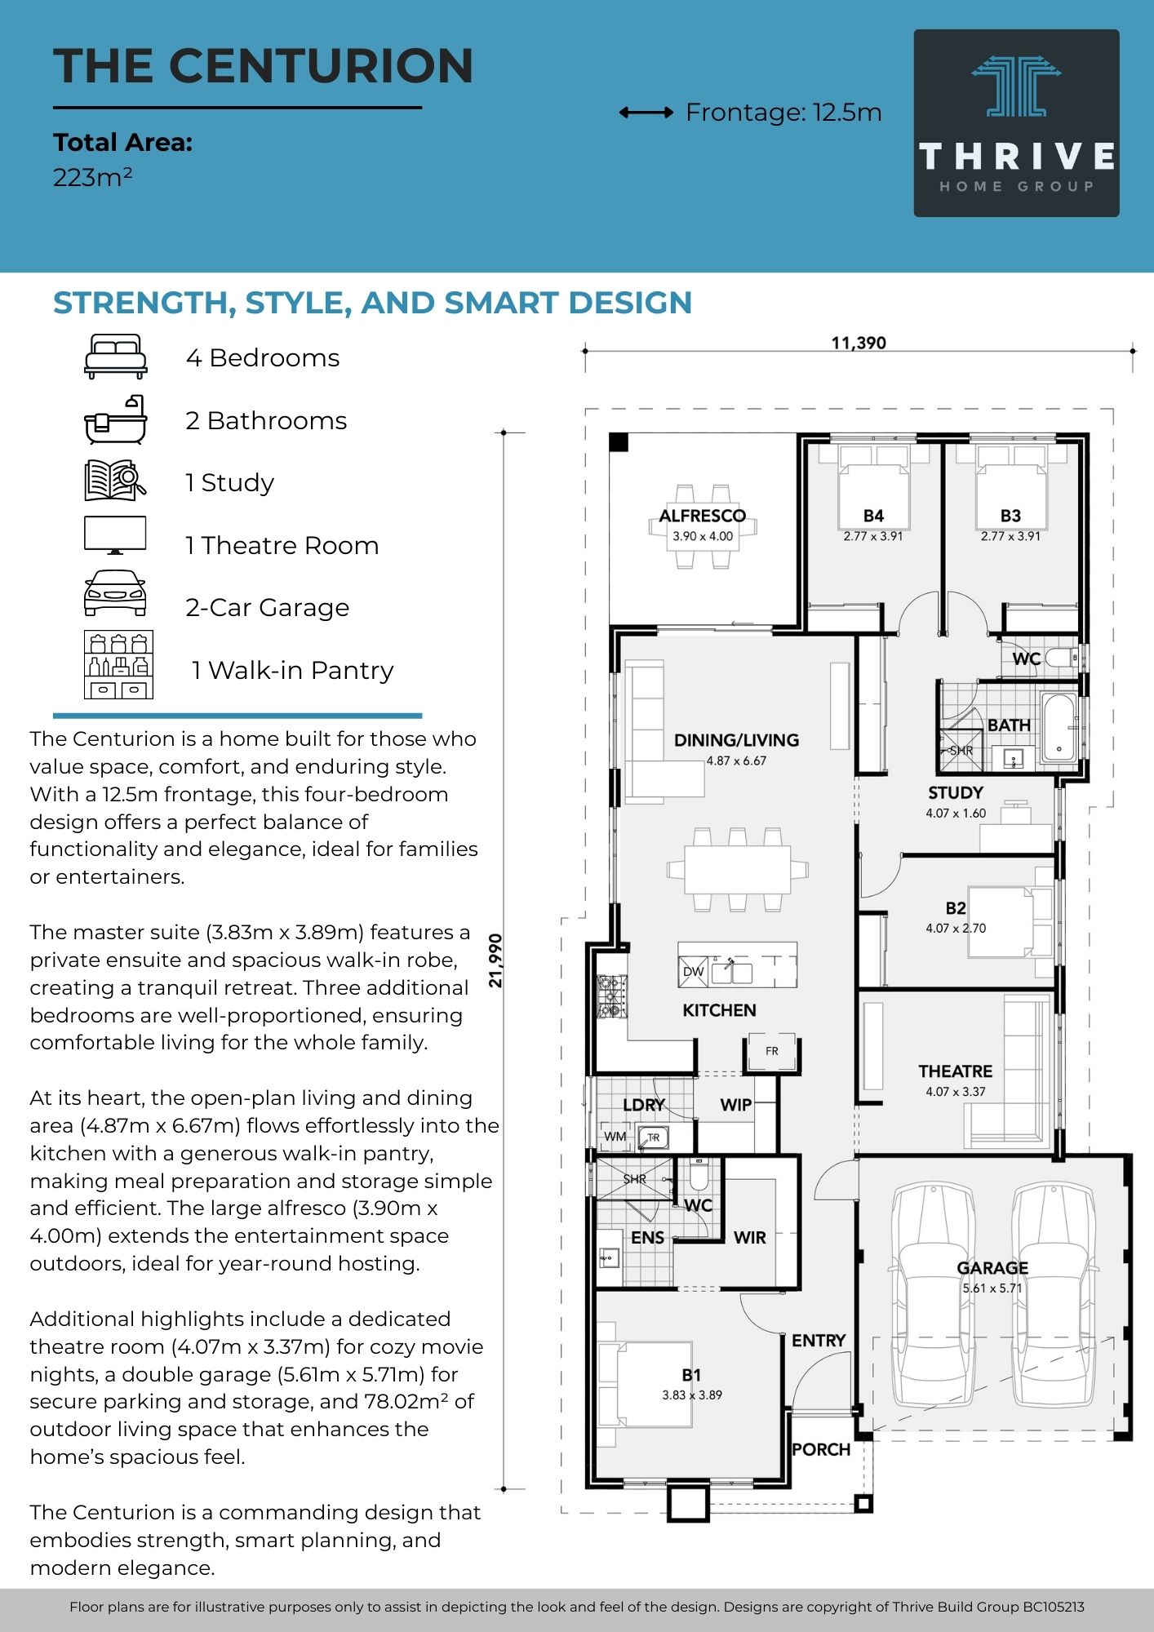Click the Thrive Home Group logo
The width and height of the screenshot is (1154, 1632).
pyautogui.click(x=1016, y=123)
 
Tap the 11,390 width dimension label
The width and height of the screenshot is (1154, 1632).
pyautogui.click(x=859, y=344)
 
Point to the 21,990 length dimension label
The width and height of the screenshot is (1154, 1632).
pyautogui.click(x=495, y=960)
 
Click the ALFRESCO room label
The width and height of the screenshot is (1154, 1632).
pyautogui.click(x=702, y=516)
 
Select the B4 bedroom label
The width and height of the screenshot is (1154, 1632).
pyautogui.click(x=873, y=516)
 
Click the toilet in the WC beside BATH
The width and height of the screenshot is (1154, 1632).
pyautogui.click(x=1062, y=658)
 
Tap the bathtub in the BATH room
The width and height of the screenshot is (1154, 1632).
pyautogui.click(x=1059, y=727)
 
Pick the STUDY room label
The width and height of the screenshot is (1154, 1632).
pyautogui.click(x=955, y=793)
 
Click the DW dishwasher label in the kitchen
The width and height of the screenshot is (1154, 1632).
pyautogui.click(x=693, y=971)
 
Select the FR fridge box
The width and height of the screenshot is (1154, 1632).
pyautogui.click(x=772, y=1051)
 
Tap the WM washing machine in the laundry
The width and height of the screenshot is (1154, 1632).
pyautogui.click(x=615, y=1136)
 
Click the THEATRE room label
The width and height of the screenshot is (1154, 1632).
pyautogui.click(x=955, y=1071)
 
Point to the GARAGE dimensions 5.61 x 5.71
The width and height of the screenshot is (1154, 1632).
pyautogui.click(x=992, y=1288)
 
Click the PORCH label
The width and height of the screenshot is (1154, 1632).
pyautogui.click(x=821, y=1449)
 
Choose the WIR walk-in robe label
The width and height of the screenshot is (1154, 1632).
pyautogui.click(x=749, y=1238)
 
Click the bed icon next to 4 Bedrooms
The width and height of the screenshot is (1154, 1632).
pyautogui.click(x=116, y=357)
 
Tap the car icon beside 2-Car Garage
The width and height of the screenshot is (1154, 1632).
pyautogui.click(x=116, y=593)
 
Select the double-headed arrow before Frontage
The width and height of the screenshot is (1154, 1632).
pyautogui.click(x=646, y=113)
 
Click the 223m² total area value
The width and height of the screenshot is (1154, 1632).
pyautogui.click(x=92, y=177)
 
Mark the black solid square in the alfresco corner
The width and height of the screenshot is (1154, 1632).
pyautogui.click(x=619, y=442)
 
